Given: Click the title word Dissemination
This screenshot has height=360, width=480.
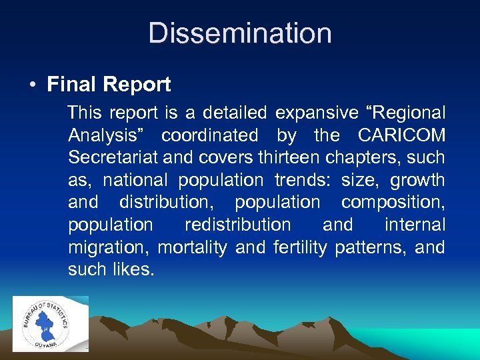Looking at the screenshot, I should coord(240,33).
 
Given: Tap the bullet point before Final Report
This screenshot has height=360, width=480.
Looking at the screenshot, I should coord(33,85).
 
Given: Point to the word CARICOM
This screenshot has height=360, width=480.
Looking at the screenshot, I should coord(401,135).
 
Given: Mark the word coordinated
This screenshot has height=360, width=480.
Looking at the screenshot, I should coord(209,135).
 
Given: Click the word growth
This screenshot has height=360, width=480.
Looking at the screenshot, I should coord(417,180).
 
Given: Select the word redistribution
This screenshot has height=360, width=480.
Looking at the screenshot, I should coord(237,225).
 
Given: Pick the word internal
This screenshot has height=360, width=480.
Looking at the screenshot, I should coord(415,225).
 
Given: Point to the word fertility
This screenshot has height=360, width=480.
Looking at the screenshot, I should coord(300,247).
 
